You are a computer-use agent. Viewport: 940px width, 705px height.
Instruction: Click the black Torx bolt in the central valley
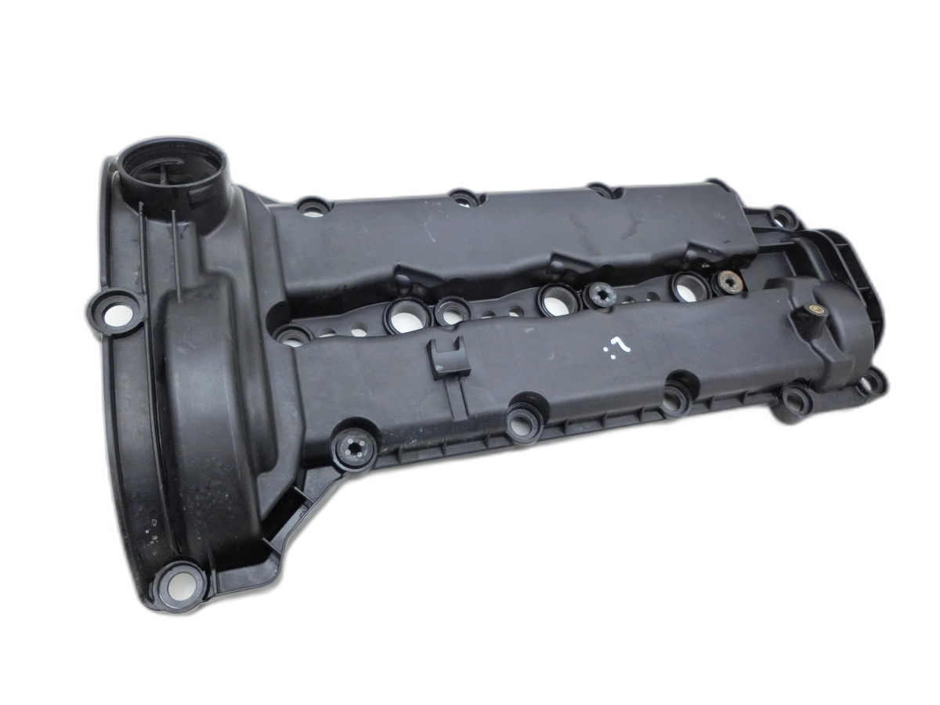coord(599,295)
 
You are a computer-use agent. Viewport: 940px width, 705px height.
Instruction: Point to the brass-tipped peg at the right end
coord(811,316)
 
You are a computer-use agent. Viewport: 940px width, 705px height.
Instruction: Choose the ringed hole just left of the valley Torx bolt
coord(555,299)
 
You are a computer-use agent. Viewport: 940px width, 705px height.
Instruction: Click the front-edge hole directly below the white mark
coord(674,399)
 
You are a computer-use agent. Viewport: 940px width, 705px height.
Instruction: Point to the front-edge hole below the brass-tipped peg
coord(794,399)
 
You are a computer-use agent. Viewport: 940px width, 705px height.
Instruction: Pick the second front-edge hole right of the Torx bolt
coord(674,399)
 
